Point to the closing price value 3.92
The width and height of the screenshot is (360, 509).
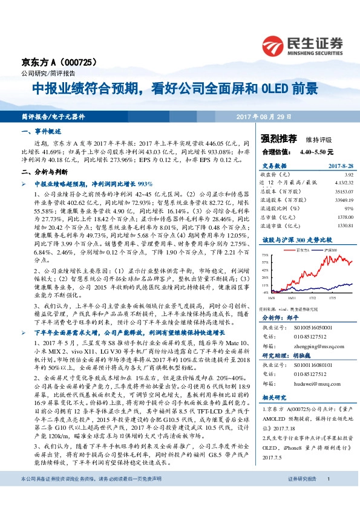(348, 175)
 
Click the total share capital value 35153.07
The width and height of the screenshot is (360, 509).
(342, 190)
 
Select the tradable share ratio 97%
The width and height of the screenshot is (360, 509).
(348, 206)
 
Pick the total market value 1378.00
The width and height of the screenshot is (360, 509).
(344, 215)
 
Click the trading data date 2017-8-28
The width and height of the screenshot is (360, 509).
(339, 166)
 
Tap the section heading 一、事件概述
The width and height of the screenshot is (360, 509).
(41, 131)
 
